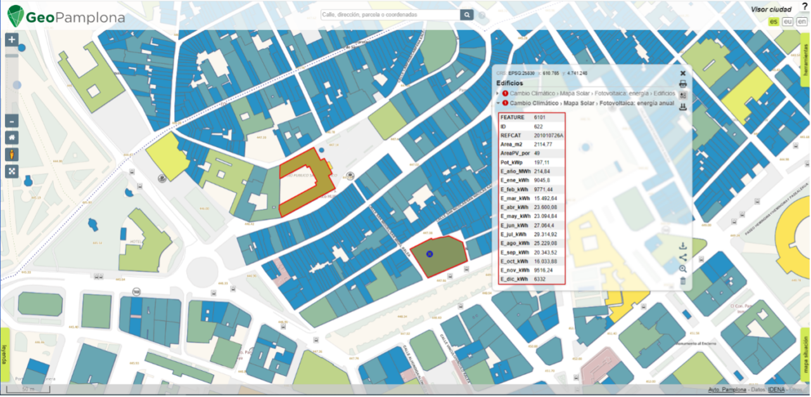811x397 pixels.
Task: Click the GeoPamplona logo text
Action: click(75, 17)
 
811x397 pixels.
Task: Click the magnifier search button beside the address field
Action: click(467, 15)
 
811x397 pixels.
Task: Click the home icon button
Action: click(11, 138)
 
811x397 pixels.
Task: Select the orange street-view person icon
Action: click(11, 155)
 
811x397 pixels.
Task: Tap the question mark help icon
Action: click(805, 6)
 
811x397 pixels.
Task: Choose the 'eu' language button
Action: click(788, 22)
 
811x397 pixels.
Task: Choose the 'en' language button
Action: click(801, 22)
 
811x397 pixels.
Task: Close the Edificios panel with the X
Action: click(683, 74)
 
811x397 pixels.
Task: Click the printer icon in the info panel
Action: click(683, 84)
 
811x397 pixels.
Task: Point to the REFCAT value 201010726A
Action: click(549, 136)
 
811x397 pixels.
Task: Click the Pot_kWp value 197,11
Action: click(542, 162)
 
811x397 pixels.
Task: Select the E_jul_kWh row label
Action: click(514, 235)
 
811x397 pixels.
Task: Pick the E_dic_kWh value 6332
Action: click(540, 279)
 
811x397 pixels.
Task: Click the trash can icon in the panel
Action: click(682, 280)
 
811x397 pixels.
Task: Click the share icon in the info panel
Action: click(682, 257)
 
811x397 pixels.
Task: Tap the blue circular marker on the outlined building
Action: click(430, 254)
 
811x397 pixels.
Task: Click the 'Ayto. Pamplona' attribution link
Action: click(727, 389)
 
